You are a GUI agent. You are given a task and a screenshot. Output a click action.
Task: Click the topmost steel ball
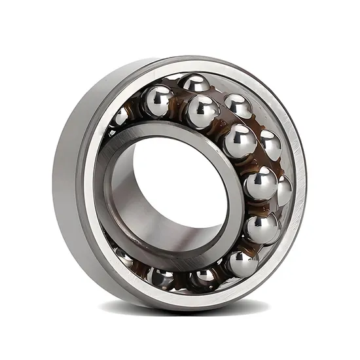point(196,84)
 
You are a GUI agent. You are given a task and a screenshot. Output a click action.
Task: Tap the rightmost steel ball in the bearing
point(284,190)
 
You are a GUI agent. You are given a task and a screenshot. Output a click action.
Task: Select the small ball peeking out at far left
point(120,117)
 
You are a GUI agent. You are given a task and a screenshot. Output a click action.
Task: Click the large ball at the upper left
point(158,101)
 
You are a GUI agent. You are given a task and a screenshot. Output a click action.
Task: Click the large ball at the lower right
point(262,228)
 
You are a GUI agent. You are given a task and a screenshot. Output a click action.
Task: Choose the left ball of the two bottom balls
point(161,278)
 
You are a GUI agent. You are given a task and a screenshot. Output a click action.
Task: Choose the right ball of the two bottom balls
point(204,278)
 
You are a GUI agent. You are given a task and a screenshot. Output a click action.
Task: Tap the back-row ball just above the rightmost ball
point(270,145)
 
